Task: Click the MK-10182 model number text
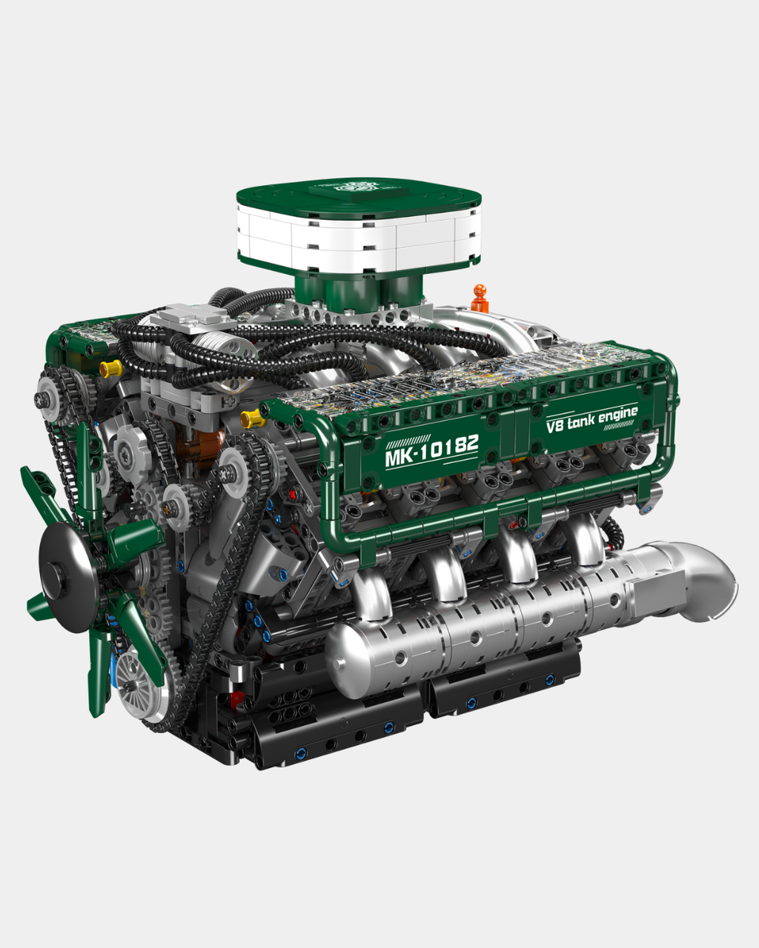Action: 431,450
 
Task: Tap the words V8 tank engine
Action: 591,419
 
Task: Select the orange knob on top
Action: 480,298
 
